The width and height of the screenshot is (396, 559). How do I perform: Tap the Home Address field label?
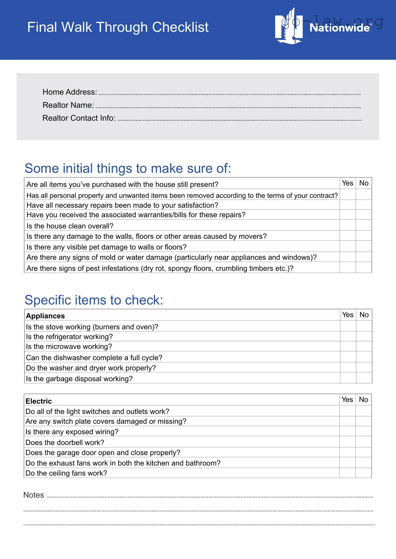[x=70, y=92]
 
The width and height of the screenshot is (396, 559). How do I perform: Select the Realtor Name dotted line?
[x=228, y=107]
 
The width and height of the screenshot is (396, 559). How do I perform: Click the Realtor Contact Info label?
[x=79, y=118]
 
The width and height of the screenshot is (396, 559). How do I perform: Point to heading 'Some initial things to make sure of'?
[x=128, y=168]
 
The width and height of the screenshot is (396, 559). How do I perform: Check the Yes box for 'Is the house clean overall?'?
[x=348, y=225]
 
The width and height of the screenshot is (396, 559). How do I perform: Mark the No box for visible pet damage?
[x=364, y=246]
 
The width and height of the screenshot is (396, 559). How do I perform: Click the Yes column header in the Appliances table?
[x=348, y=315]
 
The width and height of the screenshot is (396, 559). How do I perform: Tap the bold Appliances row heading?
[x=45, y=316]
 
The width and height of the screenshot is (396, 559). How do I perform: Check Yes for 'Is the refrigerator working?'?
[x=348, y=336]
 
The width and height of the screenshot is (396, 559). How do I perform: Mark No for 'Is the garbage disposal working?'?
[x=364, y=378]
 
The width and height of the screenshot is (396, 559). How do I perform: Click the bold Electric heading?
[x=39, y=401]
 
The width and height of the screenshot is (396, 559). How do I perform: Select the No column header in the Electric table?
[x=363, y=399]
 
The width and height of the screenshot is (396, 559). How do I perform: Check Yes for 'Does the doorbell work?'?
[x=347, y=442]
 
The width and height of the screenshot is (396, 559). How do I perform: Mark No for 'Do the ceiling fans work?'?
[x=363, y=473]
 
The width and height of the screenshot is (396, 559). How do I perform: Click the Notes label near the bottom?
[x=34, y=495]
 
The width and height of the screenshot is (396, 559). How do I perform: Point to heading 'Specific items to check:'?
[x=94, y=300]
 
